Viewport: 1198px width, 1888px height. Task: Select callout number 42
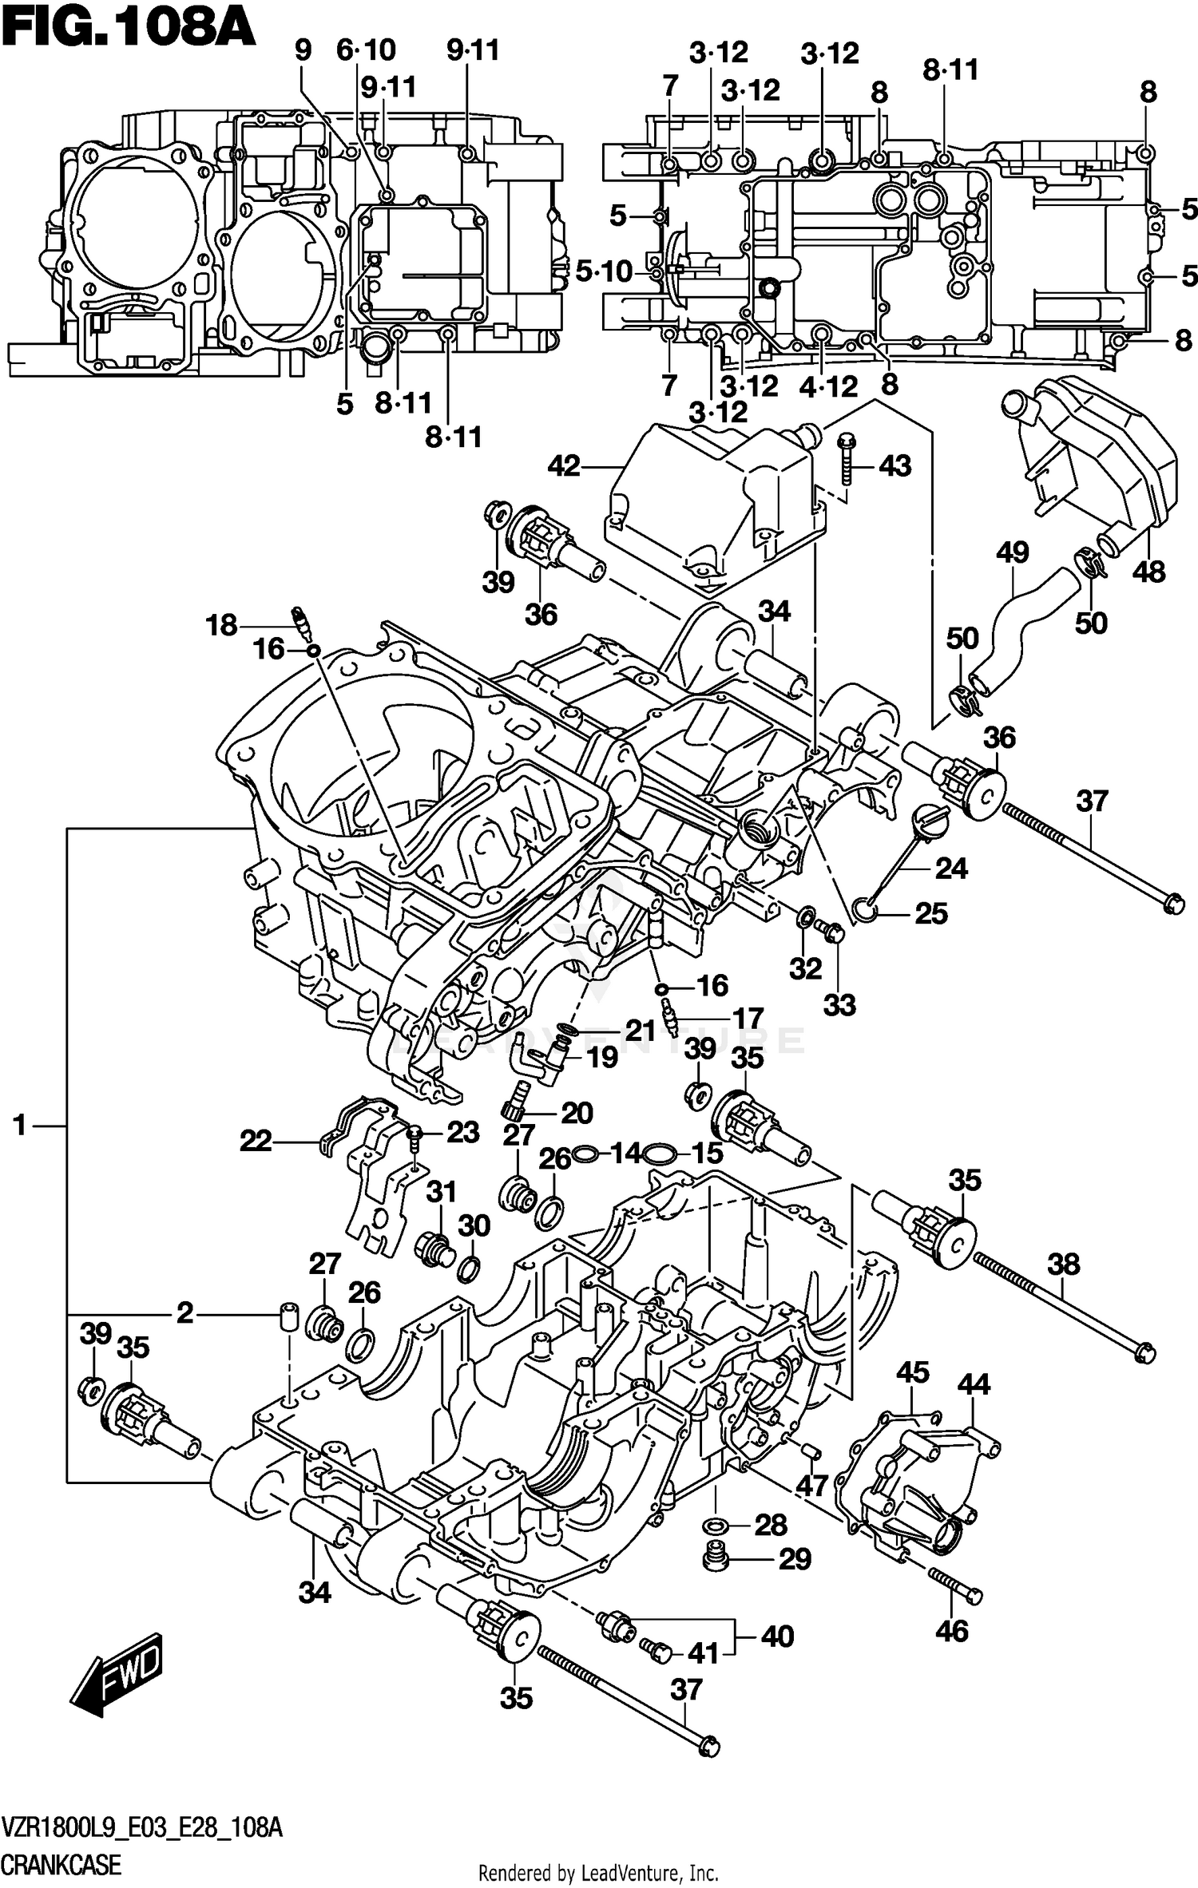(564, 465)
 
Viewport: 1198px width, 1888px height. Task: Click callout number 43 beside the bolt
(895, 465)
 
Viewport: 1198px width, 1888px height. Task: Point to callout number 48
(1148, 572)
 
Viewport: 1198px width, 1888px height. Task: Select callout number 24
(951, 868)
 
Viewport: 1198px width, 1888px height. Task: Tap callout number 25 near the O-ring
(930, 913)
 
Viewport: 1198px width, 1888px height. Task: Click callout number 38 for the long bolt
(1063, 1264)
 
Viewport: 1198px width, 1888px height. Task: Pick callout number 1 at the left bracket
(20, 1126)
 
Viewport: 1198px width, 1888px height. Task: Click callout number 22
(256, 1141)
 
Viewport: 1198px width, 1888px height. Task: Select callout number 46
(952, 1631)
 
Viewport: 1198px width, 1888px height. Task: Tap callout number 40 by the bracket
(777, 1637)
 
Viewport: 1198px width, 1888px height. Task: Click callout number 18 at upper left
(221, 625)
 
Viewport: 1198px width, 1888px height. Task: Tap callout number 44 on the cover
(974, 1383)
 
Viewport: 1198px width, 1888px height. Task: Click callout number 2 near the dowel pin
(185, 1312)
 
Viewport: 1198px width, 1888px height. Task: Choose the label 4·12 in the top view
(828, 387)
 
